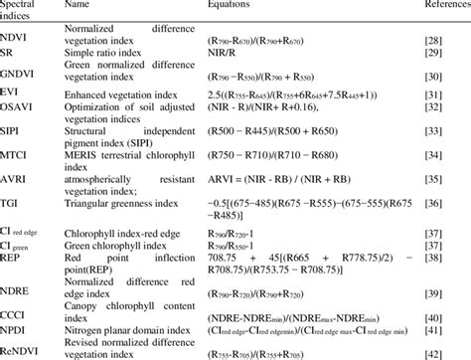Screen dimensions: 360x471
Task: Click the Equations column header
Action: click(x=235, y=6)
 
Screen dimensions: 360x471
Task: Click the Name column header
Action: click(x=77, y=6)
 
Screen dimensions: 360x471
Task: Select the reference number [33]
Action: click(x=433, y=133)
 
